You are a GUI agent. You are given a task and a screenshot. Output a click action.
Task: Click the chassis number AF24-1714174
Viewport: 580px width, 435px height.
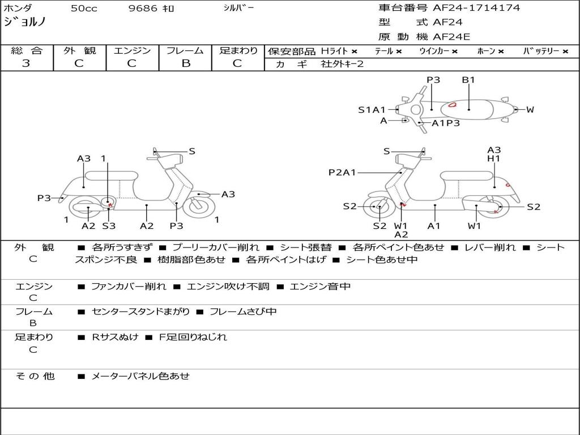click(x=476, y=8)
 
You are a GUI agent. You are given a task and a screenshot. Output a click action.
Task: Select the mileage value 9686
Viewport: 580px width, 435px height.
click(x=143, y=8)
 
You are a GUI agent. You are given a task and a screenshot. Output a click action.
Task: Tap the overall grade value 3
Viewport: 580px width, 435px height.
click(x=26, y=63)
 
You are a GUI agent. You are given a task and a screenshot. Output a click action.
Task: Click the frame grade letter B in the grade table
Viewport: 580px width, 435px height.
click(x=186, y=63)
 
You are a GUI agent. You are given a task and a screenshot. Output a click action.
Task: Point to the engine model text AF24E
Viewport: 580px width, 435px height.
click(x=451, y=37)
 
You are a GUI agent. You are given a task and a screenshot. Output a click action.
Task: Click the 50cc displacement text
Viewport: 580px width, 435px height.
click(x=84, y=8)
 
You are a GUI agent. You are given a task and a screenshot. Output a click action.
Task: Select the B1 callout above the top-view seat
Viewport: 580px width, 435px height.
click(x=468, y=79)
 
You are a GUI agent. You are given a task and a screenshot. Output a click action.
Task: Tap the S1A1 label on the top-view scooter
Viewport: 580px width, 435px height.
click(x=372, y=109)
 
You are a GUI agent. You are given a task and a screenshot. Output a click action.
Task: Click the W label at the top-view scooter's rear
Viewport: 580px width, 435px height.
click(x=530, y=109)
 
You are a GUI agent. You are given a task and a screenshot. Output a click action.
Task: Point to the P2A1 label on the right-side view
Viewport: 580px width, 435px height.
click(x=342, y=172)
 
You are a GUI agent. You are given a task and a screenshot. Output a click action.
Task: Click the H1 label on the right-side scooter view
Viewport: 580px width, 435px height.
click(x=494, y=159)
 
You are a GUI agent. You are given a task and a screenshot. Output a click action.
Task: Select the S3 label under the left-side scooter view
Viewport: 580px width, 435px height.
click(x=109, y=225)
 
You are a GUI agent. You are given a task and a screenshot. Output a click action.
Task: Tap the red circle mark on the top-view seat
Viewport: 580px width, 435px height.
click(x=453, y=105)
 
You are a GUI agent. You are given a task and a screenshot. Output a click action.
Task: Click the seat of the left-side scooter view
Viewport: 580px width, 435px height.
click(x=112, y=175)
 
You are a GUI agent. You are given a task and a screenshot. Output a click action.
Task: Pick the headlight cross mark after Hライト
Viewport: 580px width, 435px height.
click(x=355, y=52)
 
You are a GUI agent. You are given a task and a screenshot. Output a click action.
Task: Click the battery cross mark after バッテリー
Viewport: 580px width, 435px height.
click(x=565, y=52)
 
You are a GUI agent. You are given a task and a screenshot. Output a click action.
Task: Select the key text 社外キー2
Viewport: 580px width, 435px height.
click(x=342, y=64)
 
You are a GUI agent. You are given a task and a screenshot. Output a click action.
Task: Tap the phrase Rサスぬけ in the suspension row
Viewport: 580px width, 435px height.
click(x=115, y=337)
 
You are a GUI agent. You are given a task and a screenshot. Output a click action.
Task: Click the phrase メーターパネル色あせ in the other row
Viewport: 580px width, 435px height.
click(x=140, y=376)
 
